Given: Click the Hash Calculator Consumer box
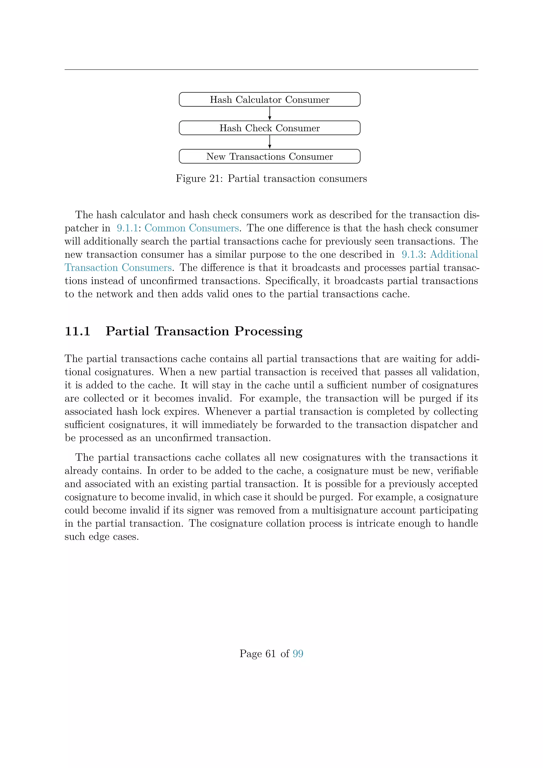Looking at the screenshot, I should (x=269, y=100).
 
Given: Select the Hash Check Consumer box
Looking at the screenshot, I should (x=269, y=128).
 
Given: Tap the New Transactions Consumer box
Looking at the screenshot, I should (x=269, y=156).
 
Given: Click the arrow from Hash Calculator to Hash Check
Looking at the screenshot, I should (x=269, y=114).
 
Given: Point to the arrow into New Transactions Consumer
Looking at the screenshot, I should (x=269, y=142).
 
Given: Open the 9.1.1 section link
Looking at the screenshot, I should (x=127, y=228).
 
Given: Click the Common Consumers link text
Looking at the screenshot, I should (x=192, y=228).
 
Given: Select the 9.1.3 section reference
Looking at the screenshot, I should (x=412, y=255).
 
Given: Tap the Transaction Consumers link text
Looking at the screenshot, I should (x=118, y=268).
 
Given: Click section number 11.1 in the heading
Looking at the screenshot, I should (x=78, y=331).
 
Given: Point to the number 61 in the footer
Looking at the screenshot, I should (x=270, y=654).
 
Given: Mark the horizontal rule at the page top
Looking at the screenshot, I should (x=271, y=69).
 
